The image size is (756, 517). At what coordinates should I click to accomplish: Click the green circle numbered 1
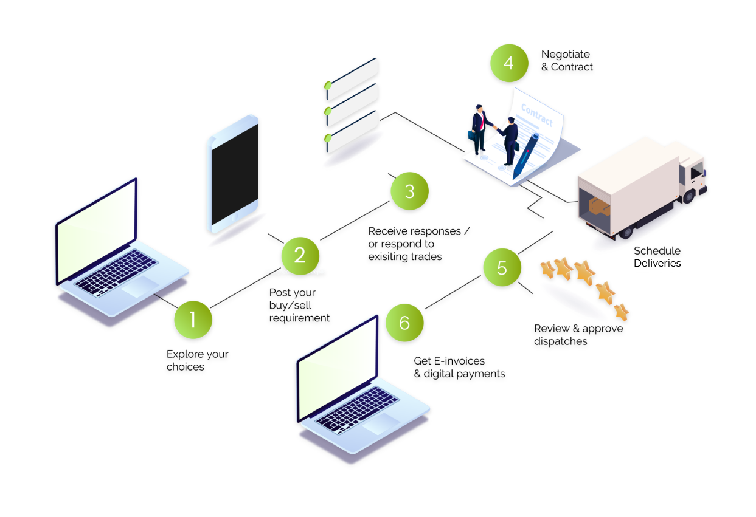(x=193, y=320)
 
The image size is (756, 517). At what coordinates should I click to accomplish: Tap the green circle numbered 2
(x=300, y=255)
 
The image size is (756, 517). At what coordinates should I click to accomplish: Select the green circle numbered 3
(x=409, y=191)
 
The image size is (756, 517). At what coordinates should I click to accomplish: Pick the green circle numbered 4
(x=509, y=63)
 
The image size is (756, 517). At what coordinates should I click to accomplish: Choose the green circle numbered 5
(x=502, y=268)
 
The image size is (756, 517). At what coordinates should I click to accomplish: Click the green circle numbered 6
(x=404, y=323)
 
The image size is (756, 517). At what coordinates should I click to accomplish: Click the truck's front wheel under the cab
(x=688, y=196)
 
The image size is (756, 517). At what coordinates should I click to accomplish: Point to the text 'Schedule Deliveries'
(x=657, y=257)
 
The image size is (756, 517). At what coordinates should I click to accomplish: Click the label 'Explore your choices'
(x=197, y=360)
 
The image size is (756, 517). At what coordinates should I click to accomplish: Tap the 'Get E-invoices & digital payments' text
(x=459, y=368)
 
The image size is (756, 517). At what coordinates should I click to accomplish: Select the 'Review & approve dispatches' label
(x=578, y=335)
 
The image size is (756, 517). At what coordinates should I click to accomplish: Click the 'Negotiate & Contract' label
(x=567, y=61)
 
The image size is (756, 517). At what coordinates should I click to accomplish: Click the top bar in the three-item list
(x=353, y=73)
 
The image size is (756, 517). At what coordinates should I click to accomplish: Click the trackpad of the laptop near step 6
(x=380, y=423)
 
